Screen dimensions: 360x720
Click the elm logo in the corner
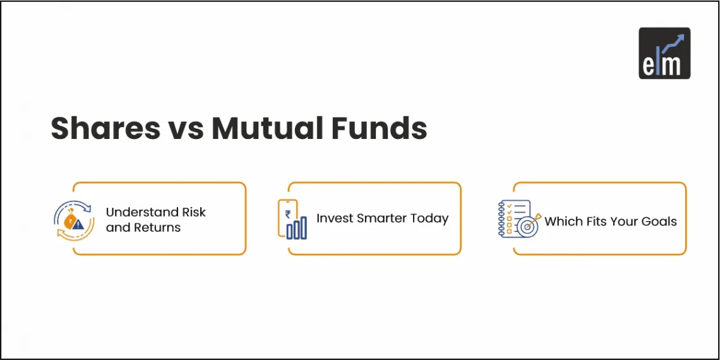pos(664,53)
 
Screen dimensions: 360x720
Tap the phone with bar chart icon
pos(292,219)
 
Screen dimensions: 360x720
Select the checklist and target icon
pos(519,219)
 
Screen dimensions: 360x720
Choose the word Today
pos(429,219)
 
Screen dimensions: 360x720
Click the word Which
pos(561,222)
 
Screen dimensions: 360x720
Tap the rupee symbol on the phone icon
pos(288,214)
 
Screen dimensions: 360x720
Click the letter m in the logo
pos(673,64)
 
